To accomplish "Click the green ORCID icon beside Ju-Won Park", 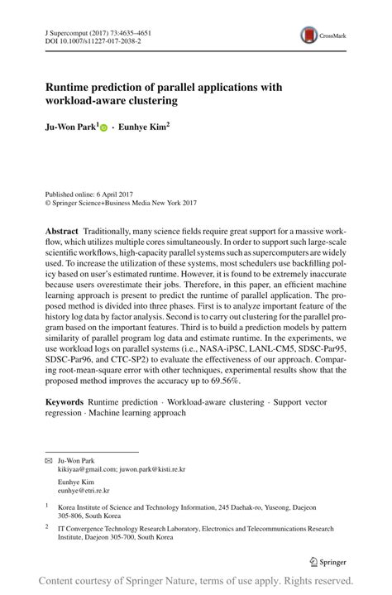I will [x=103, y=128].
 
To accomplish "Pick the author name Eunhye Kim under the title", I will [x=144, y=128].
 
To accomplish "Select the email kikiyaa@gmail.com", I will [x=88, y=469].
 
